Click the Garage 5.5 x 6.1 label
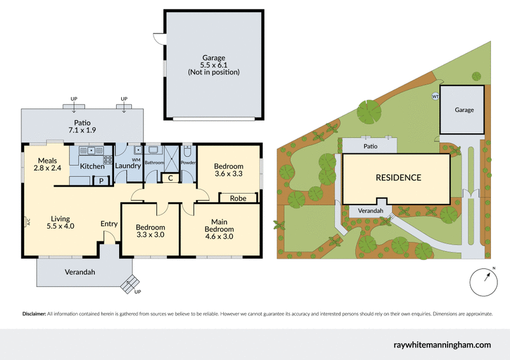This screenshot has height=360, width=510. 214,65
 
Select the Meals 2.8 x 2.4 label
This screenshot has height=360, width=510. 48,164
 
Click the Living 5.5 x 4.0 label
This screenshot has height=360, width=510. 61,222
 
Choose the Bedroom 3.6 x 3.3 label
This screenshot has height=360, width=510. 229,169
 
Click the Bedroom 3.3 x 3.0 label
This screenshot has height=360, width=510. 150,231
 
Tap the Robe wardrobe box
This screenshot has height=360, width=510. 238,198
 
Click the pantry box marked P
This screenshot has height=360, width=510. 101,181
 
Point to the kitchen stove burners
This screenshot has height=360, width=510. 108,161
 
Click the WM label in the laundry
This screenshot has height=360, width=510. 135,159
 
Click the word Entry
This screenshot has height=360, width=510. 109,224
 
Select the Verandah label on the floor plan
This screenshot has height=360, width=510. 80,272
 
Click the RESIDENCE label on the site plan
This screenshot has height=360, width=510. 397,178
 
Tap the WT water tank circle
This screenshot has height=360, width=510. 436,97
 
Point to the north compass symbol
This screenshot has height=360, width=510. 485,281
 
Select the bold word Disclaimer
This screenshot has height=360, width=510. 34,314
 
